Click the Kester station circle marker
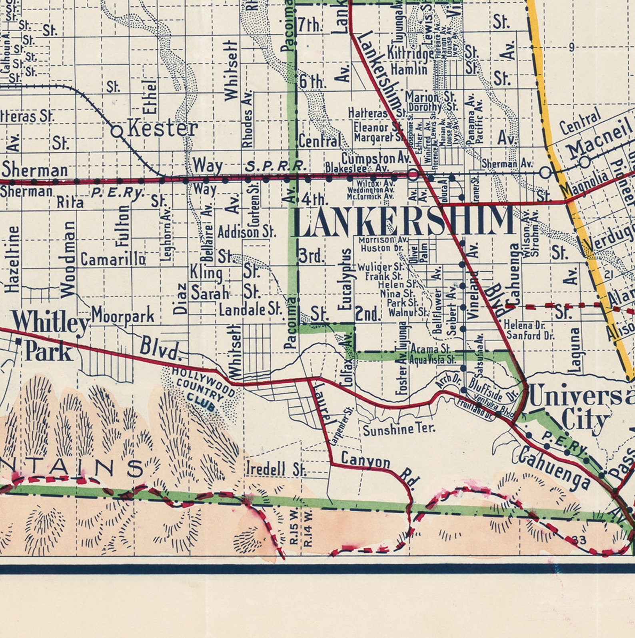pos(117,131)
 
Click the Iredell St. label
pos(276,469)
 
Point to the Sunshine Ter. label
pos(399,429)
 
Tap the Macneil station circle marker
pos(585,162)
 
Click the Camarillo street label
pos(113,259)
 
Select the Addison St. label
pos(247,232)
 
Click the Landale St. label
pos(251,309)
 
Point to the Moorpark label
pos(123,315)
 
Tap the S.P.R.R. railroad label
pos(275,166)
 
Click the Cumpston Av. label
pos(376,158)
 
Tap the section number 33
pos(579,540)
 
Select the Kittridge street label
pos(410,53)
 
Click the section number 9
pos(571,47)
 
